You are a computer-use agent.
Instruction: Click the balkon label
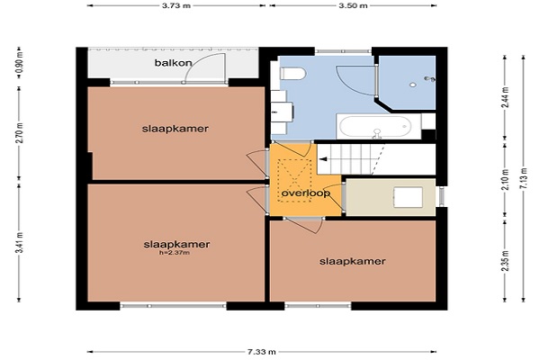173,63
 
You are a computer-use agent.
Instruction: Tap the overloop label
306,193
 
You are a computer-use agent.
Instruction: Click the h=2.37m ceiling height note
175,253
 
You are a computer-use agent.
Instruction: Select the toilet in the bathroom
293,74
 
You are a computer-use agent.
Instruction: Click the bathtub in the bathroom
379,126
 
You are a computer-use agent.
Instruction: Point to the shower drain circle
412,85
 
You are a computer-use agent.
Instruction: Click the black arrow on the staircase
323,159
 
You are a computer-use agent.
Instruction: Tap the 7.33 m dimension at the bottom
262,352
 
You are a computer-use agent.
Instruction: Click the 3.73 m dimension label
176,6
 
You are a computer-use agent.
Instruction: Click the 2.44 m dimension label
505,97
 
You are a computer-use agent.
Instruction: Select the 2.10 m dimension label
505,179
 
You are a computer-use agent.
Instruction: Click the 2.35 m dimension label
505,261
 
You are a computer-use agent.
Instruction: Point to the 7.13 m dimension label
524,178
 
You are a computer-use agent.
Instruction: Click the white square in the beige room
409,197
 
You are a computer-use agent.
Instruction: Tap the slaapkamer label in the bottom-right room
352,261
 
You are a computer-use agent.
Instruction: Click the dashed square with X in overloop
294,181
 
